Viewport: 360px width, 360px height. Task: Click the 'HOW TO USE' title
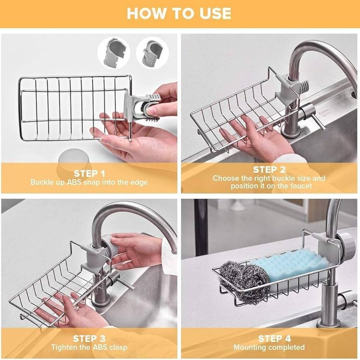(179, 13)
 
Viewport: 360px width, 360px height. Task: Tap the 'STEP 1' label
(89, 174)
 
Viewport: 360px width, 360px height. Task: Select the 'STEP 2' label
(269, 170)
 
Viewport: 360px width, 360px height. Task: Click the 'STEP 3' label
(89, 339)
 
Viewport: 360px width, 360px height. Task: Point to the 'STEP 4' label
(269, 339)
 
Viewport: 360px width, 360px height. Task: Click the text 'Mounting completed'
(269, 347)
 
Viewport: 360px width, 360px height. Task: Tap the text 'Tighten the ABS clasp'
(89, 347)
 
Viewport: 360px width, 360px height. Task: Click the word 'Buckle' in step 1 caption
(42, 182)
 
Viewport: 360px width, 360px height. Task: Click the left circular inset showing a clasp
(113, 53)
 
